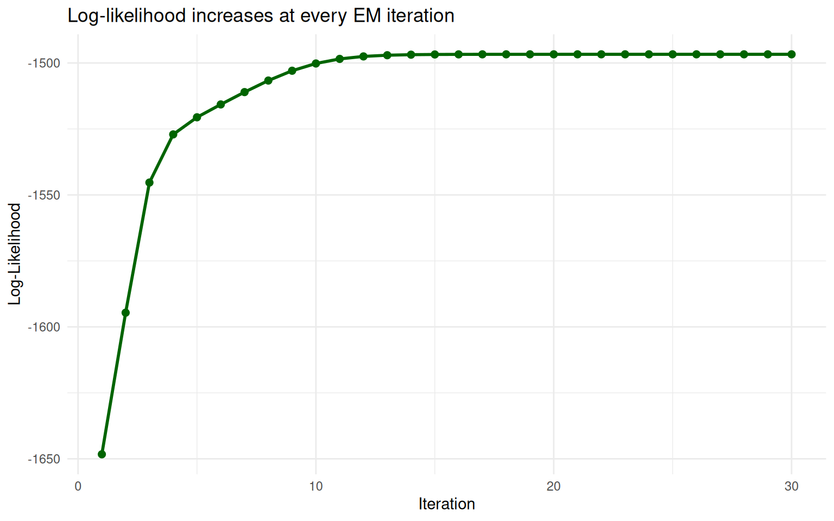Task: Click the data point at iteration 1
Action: coord(102,454)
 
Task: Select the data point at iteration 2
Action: coord(125,313)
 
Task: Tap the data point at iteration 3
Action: coord(149,182)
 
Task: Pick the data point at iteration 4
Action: coord(173,134)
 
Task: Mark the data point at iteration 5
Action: coord(197,117)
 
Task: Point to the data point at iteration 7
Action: coord(244,92)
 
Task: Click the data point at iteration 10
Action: coord(315,63)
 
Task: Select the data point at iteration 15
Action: coord(435,54)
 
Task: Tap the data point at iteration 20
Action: coord(554,54)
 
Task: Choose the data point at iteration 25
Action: coord(673,54)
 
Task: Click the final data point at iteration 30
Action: coord(792,54)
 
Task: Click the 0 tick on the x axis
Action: coord(78,486)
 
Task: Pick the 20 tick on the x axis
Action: coord(554,486)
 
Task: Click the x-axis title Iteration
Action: coord(446,504)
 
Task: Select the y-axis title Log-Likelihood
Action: coord(15,254)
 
